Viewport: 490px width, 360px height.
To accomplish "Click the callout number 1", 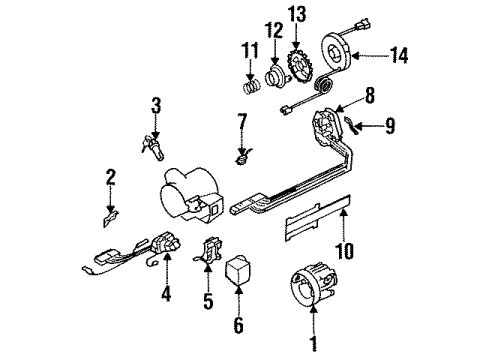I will coord(314,345).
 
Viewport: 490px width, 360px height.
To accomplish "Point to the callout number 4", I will coord(167,296).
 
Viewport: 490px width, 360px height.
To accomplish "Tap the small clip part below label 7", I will coord(240,155).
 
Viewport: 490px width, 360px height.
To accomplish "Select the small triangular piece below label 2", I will coord(113,214).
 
